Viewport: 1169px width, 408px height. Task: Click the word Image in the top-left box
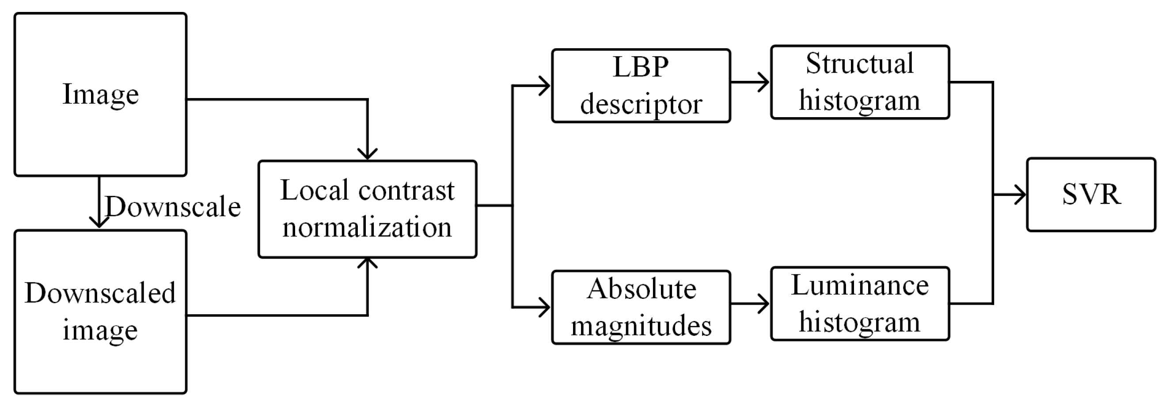pyautogui.click(x=100, y=95)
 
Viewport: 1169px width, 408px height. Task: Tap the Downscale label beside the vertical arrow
pyautogui.click(x=173, y=207)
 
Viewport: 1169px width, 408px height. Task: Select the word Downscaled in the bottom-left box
pyautogui.click(x=100, y=293)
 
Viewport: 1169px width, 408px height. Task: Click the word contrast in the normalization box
pyautogui.click(x=406, y=190)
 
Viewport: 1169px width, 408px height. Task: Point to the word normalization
pyautogui.click(x=367, y=227)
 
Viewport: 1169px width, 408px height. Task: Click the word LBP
pyautogui.click(x=640, y=67)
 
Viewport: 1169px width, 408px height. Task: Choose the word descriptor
pyautogui.click(x=641, y=104)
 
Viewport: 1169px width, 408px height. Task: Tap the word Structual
pyautogui.click(x=859, y=63)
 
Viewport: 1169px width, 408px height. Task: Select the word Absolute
pyautogui.click(x=641, y=289)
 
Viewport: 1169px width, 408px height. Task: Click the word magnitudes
pyautogui.click(x=641, y=326)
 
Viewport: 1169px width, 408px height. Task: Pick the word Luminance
pyautogui.click(x=859, y=286)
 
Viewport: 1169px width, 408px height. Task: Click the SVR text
pyautogui.click(x=1091, y=194)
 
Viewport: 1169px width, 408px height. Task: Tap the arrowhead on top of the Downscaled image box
pyautogui.click(x=99, y=222)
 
